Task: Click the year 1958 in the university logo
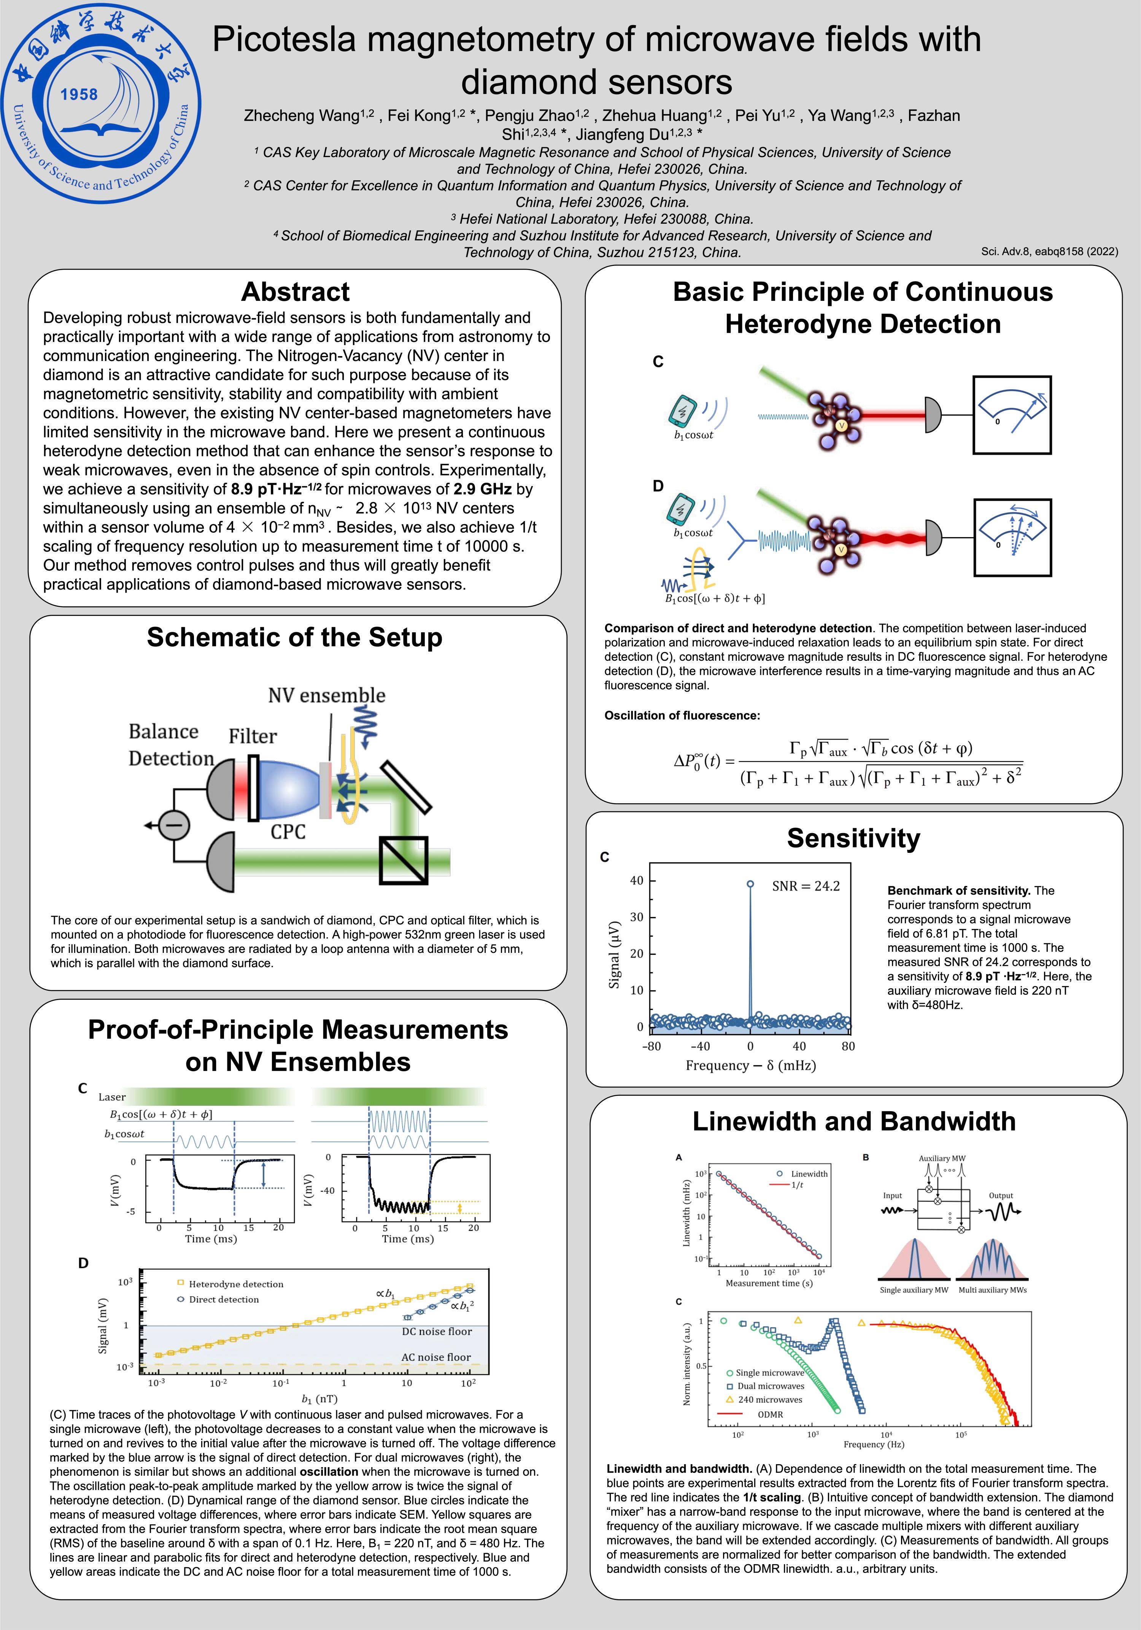point(79,94)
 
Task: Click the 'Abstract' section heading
point(296,292)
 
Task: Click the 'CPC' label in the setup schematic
point(288,831)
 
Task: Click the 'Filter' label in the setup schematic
point(253,736)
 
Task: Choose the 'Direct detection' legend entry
point(223,1299)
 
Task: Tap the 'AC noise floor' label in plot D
point(436,1356)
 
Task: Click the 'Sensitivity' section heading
point(853,838)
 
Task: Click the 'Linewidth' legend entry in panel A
point(809,1174)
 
